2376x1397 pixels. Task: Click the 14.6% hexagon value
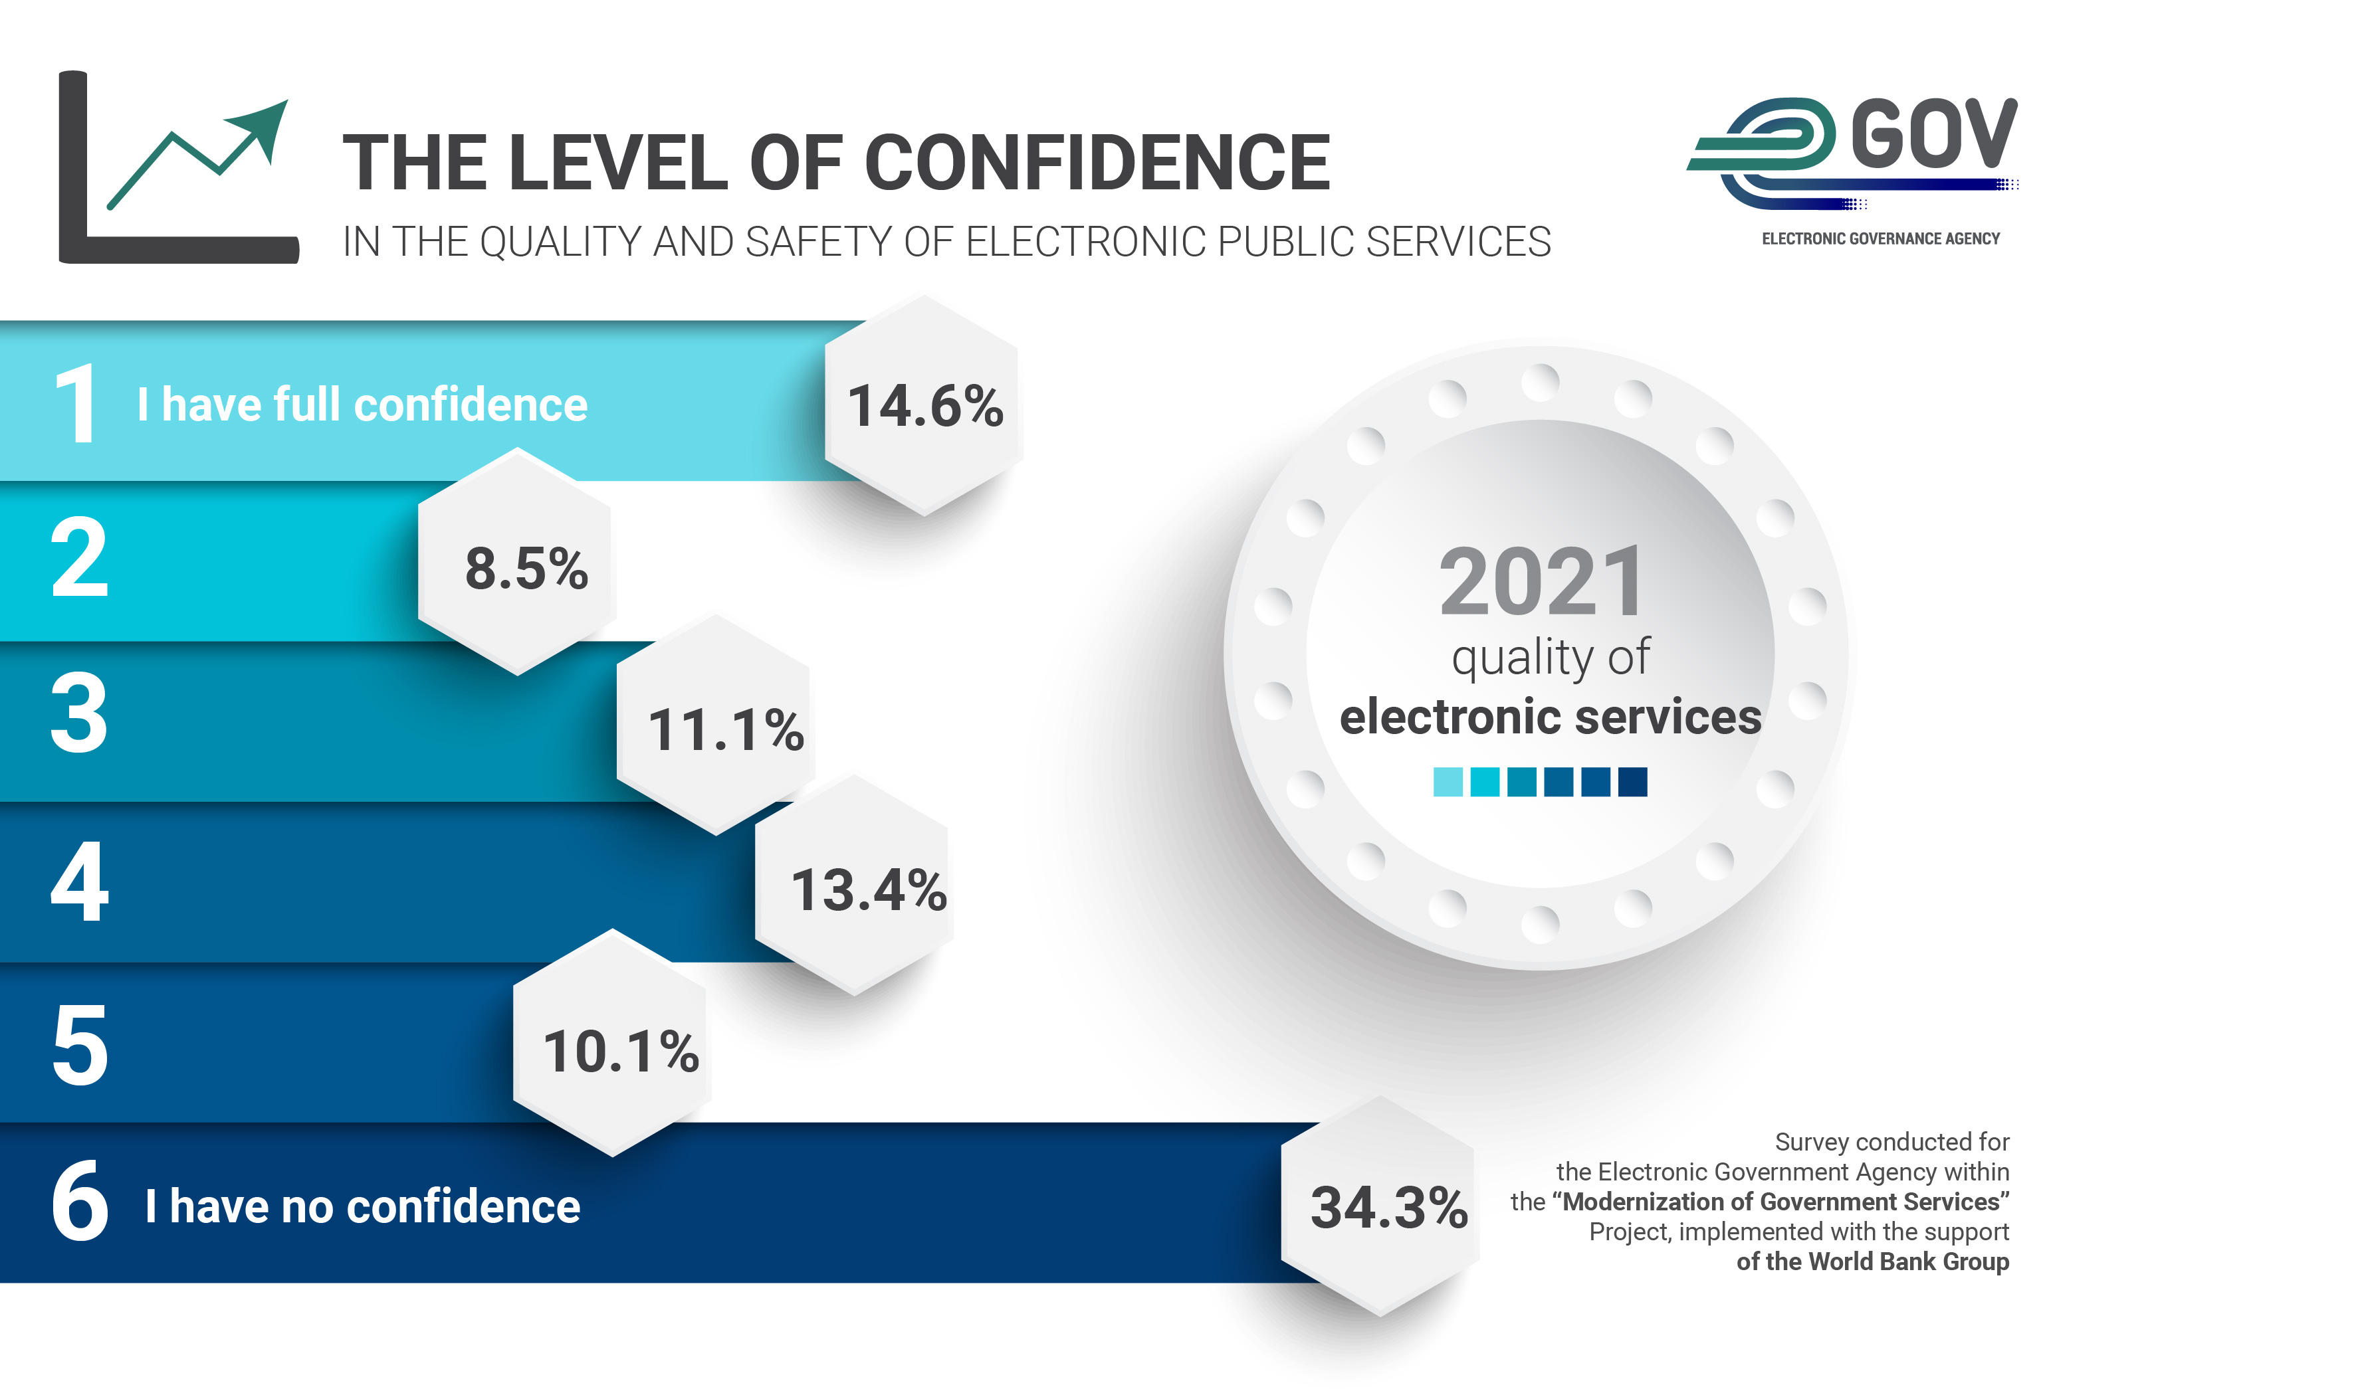click(925, 407)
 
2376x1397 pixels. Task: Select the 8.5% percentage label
click(526, 569)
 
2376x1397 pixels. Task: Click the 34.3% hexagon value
click(1388, 1208)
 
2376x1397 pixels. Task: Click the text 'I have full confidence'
click(362, 405)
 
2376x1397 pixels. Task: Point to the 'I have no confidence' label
click(363, 1206)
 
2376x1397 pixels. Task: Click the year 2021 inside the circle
click(1541, 583)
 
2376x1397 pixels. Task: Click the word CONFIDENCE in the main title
click(1097, 162)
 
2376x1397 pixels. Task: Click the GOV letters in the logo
click(1933, 135)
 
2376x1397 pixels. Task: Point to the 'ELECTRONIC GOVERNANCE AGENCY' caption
click(1880, 239)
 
